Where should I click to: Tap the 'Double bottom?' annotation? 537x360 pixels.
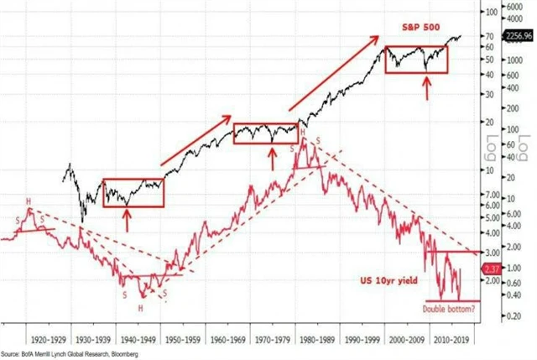click(454, 309)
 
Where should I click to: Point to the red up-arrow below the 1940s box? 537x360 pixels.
click(126, 221)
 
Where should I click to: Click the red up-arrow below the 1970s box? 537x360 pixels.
click(271, 157)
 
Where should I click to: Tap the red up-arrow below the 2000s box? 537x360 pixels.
click(427, 86)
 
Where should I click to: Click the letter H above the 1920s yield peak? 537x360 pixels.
click(29, 201)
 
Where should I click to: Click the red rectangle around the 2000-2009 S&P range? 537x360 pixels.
click(416, 59)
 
